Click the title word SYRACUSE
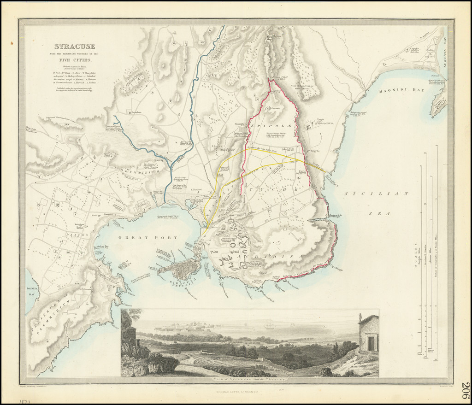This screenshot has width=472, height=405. pyautogui.click(x=75, y=47)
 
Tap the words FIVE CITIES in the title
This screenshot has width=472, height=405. pyautogui.click(x=75, y=59)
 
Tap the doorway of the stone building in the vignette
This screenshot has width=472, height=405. pyautogui.click(x=371, y=343)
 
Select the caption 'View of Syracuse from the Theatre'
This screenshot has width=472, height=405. pyautogui.click(x=249, y=379)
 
